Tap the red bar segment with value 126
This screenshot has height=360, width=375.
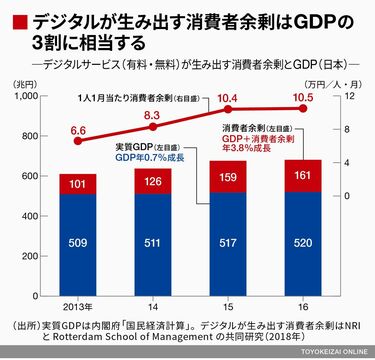click(154, 181)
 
